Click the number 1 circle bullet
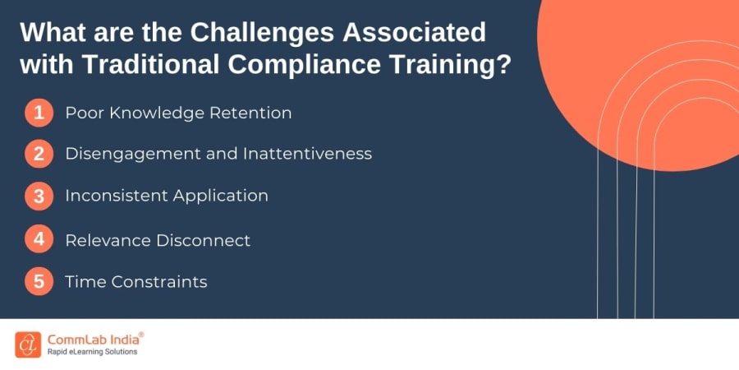pyautogui.click(x=39, y=113)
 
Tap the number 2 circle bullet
pyautogui.click(x=39, y=154)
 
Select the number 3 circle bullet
pyautogui.click(x=39, y=196)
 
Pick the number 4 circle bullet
pyautogui.click(x=39, y=239)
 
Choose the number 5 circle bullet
pyautogui.click(x=39, y=282)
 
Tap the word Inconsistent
pyautogui.click(x=116, y=196)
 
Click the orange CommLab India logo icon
pyautogui.click(x=27, y=344)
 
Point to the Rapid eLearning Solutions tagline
pyautogui.click(x=92, y=352)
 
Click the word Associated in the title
pyautogui.click(x=392, y=34)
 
